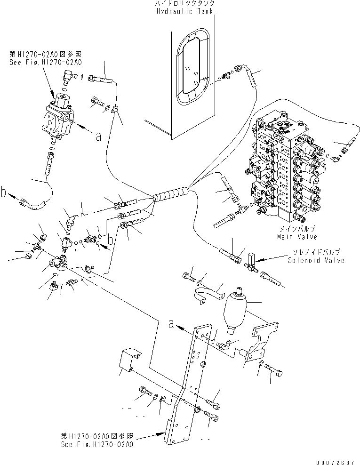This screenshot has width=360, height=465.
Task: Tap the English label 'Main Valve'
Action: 296,237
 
